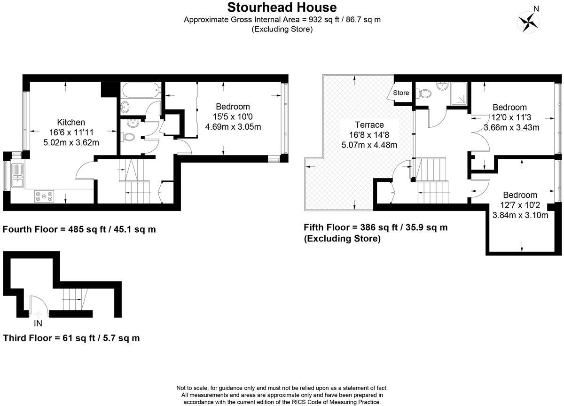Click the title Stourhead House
282,8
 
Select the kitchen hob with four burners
43,196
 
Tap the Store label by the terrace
401,93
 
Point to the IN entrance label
38,323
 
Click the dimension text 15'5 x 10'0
233,117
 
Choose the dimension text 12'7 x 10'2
520,205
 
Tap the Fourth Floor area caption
79,230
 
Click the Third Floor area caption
71,338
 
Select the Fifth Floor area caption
376,228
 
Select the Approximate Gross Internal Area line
282,20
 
